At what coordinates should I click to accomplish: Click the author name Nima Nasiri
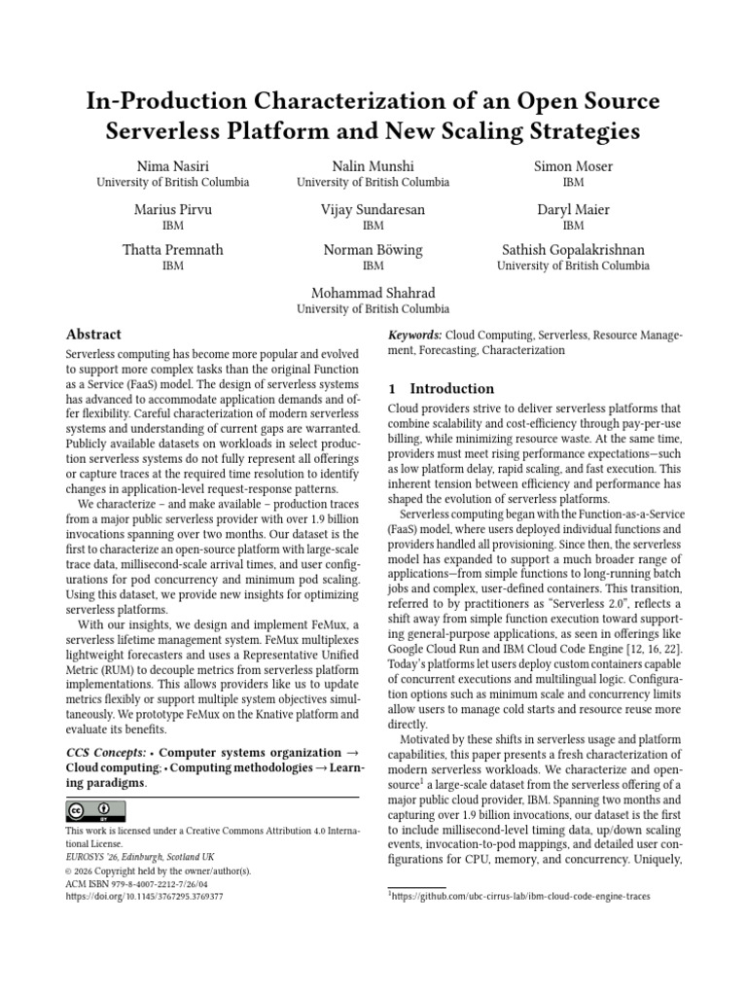tap(172, 166)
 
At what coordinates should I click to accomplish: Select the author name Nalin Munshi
tap(373, 166)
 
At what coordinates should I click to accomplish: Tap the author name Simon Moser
tap(573, 166)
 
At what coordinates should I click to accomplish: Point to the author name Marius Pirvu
tap(172, 209)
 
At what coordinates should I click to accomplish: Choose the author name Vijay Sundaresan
tap(373, 209)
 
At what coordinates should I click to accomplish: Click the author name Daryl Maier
tap(573, 209)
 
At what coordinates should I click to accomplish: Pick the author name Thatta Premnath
tap(172, 250)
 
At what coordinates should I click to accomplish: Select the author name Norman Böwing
tap(373, 250)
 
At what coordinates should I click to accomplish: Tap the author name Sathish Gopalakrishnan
tap(573, 250)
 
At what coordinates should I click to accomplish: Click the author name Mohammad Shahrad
tap(373, 293)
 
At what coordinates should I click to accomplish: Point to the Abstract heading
tap(93, 334)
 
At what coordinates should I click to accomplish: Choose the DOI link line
tap(144, 897)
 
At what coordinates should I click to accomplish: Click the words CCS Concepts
tap(105, 753)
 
